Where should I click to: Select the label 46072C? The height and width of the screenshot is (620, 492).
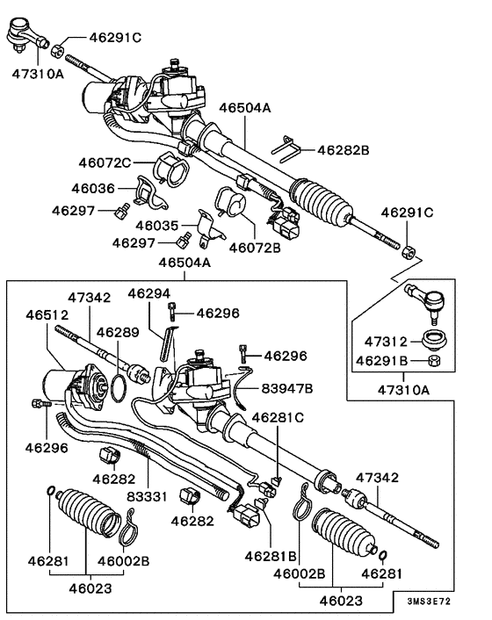click(104, 162)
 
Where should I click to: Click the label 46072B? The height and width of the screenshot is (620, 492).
click(255, 248)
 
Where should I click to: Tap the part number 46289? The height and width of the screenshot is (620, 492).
click(117, 333)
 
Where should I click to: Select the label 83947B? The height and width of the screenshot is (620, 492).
click(286, 386)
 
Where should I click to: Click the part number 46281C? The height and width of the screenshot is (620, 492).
click(279, 417)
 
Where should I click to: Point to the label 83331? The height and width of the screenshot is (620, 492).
click(146, 496)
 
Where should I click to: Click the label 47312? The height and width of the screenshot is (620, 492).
click(380, 341)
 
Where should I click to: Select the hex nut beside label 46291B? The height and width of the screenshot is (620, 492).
click(430, 360)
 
